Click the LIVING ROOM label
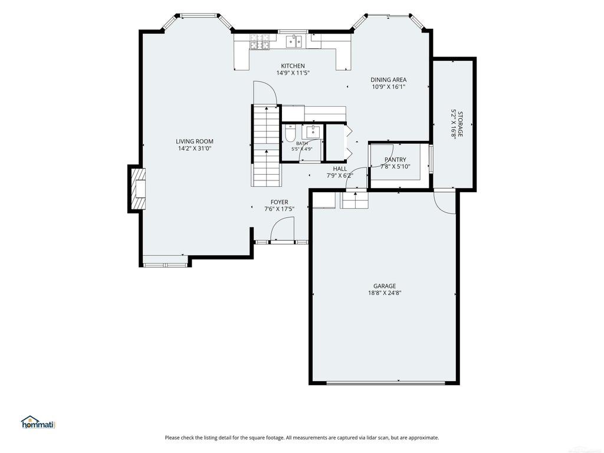pyautogui.click(x=195, y=142)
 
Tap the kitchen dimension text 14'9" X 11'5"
pyautogui.click(x=293, y=73)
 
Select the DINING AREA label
pyautogui.click(x=388, y=80)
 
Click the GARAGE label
pyautogui.click(x=385, y=286)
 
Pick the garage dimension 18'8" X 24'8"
pyautogui.click(x=385, y=293)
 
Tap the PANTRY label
pyautogui.click(x=395, y=159)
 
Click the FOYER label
pyautogui.click(x=279, y=202)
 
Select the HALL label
pyautogui.click(x=340, y=169)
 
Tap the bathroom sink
pyautogui.click(x=313, y=132)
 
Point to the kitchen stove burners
pyautogui.click(x=260, y=42)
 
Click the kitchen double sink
pyautogui.click(x=294, y=41)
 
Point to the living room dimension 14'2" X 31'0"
pyautogui.click(x=195, y=148)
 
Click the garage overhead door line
pyautogui.click(x=386, y=383)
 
